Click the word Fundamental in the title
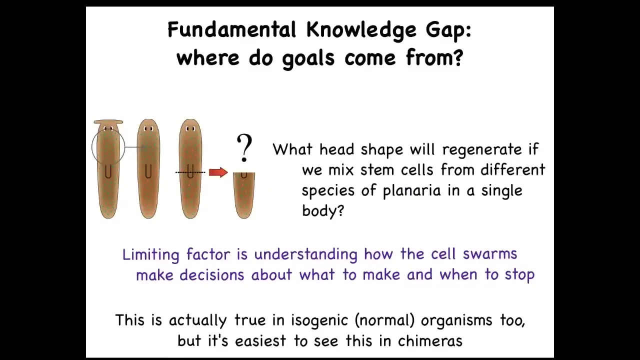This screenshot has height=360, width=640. coord(231,29)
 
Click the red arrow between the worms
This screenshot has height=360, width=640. coord(218,172)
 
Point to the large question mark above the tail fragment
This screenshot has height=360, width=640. coord(244,147)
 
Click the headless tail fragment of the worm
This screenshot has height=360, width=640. coord(244,195)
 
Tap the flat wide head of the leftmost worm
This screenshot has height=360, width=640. coord(108,122)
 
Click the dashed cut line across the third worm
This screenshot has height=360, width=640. coord(190,172)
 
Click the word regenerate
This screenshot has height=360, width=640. coord(482,149)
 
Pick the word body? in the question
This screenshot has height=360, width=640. coord(323,210)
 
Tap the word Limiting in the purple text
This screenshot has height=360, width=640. coord(151,254)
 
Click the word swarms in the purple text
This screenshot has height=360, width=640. coord(490,253)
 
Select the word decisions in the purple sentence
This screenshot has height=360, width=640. coord(211,275)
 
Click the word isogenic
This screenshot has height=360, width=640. coord(319,320)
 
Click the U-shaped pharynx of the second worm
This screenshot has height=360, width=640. coord(147,171)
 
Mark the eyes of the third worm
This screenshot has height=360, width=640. coord(190,129)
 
